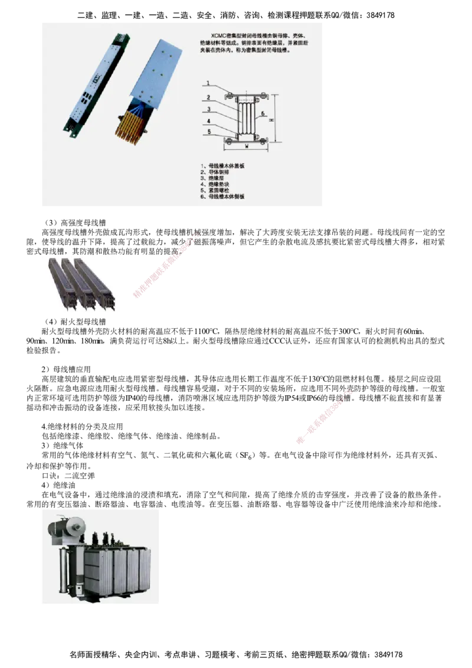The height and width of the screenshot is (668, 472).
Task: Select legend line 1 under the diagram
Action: [x=222, y=166]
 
